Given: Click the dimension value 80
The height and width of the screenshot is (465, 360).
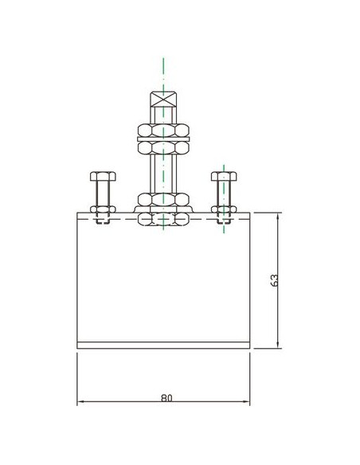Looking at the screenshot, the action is pos(166,397).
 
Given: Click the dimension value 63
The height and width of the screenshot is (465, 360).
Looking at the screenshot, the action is pos(275,280).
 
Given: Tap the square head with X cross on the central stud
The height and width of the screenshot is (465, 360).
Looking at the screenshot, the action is pos(163,100).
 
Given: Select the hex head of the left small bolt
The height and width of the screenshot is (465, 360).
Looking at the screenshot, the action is pos(103,176).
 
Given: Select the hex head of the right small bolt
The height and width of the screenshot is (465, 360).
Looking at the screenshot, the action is pos(224,176).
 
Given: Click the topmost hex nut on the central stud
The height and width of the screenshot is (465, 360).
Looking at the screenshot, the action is pos(163,131).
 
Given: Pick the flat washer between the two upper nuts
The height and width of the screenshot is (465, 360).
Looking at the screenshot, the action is pos(163,139).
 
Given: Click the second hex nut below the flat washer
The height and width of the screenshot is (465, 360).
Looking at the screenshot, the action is pos(163,147).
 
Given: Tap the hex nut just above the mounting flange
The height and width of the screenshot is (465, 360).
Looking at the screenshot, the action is pos(163,199).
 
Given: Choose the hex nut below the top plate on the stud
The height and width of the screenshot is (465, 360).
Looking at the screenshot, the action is pos(163,219).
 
